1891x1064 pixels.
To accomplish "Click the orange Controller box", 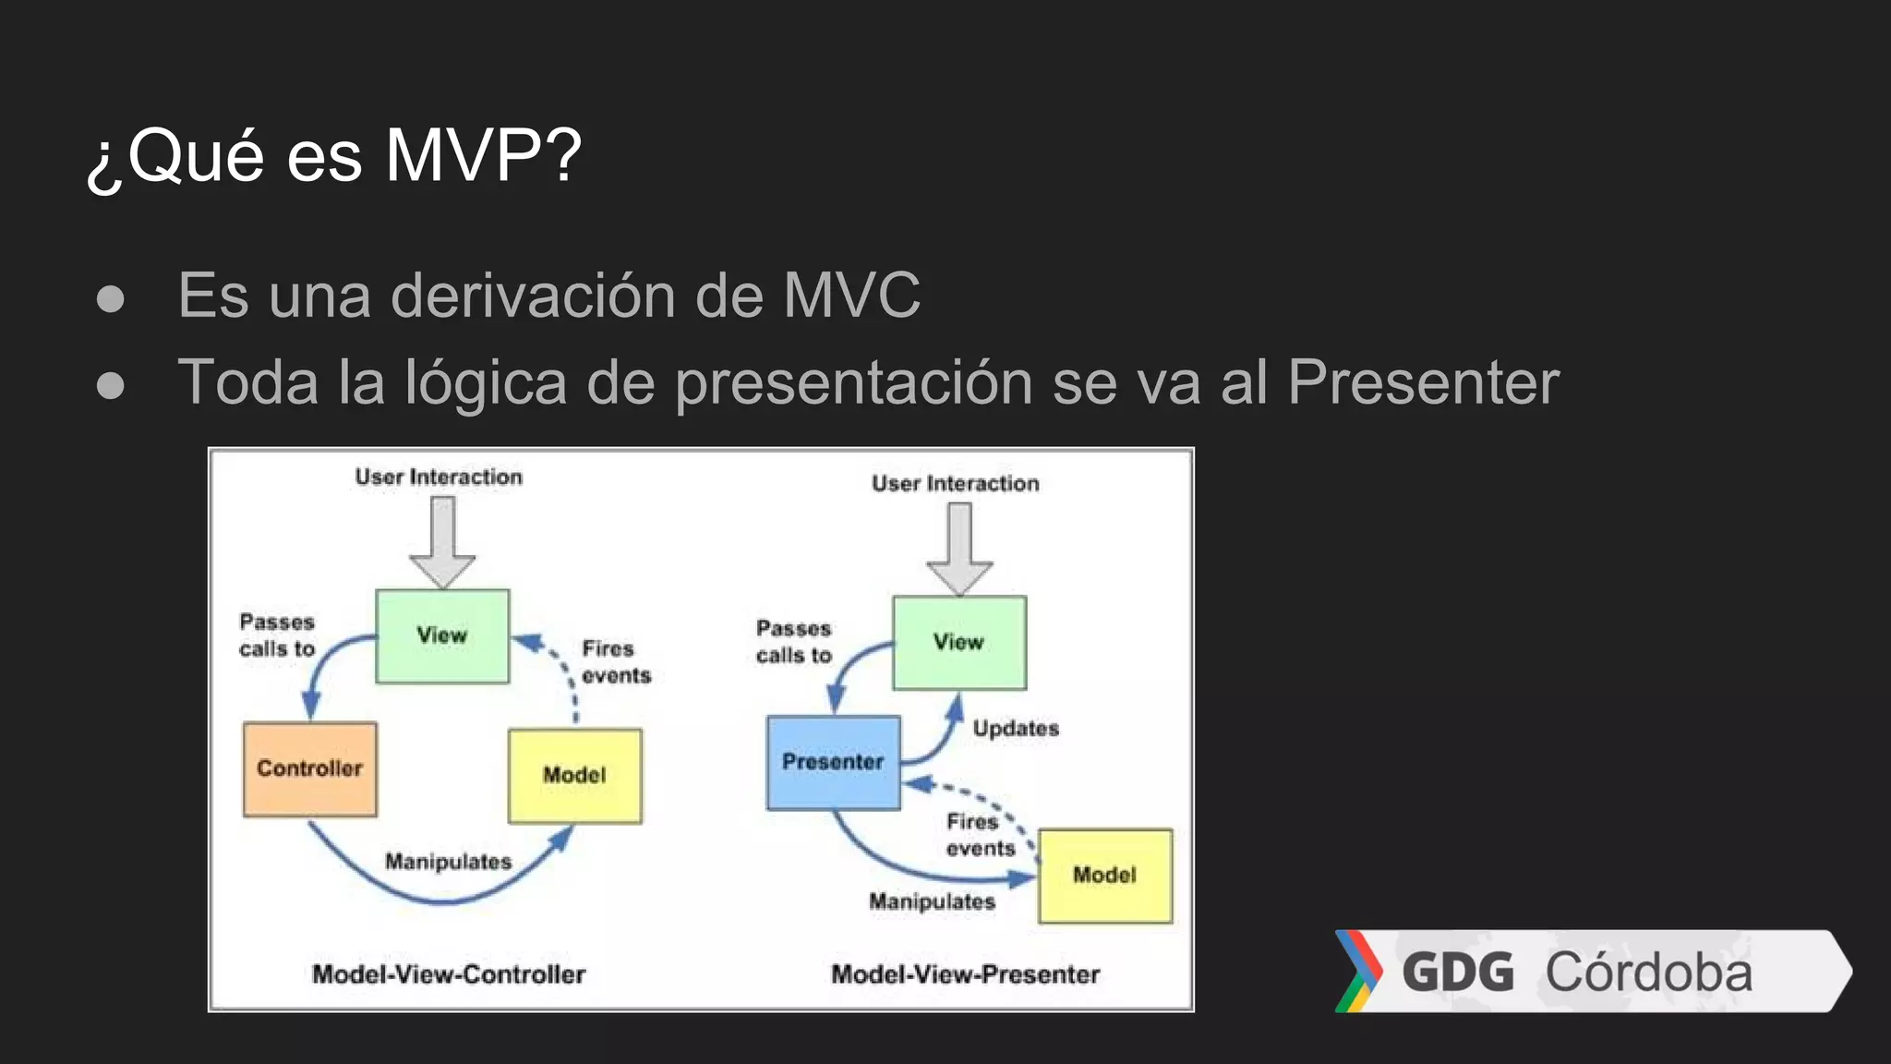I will click(x=310, y=769).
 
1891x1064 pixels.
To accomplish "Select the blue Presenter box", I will click(x=833, y=763).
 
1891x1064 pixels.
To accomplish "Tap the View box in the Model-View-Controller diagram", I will click(x=442, y=636).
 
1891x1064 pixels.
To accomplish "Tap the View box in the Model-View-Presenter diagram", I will click(x=959, y=643).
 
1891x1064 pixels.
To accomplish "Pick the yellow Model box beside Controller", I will click(x=574, y=776).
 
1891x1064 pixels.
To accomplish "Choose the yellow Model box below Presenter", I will click(x=1105, y=876).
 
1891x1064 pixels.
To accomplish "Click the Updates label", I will click(x=1016, y=729).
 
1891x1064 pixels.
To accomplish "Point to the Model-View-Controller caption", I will click(x=449, y=974).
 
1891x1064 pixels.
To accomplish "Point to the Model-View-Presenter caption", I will click(x=966, y=974).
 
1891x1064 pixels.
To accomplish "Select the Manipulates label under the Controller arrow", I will click(x=448, y=862).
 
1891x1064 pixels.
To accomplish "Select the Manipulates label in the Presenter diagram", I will click(x=932, y=901).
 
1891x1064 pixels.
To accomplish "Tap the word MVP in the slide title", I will click(x=482, y=155).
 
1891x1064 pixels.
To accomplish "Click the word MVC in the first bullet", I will click(x=851, y=296).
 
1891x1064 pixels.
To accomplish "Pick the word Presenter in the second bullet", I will click(x=1423, y=381).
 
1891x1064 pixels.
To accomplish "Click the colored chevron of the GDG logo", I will click(x=1358, y=971).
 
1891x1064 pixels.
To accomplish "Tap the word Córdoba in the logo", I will click(x=1649, y=973).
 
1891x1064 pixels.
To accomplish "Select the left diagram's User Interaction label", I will click(x=439, y=478).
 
